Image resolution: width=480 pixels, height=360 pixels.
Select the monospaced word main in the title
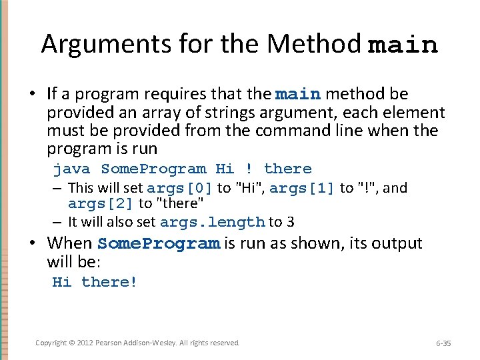pos(403,45)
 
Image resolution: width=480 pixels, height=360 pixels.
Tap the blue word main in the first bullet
pos(298,95)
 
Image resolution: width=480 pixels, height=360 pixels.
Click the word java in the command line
pos(71,169)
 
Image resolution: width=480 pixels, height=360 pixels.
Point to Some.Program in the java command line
pos(153,169)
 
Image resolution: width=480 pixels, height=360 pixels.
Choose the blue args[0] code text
pos(179,189)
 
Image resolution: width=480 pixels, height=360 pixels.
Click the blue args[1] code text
pos(302,189)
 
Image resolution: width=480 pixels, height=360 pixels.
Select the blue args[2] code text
pos(101,203)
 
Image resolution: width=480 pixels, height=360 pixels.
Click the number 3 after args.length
pos(291,222)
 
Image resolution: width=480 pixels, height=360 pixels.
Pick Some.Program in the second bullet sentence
pos(159,244)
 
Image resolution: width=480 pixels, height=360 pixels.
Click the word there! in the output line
pos(109,282)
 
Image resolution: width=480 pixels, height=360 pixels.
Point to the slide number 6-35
pos(443,343)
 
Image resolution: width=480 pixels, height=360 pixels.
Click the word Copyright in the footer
pos(51,343)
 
